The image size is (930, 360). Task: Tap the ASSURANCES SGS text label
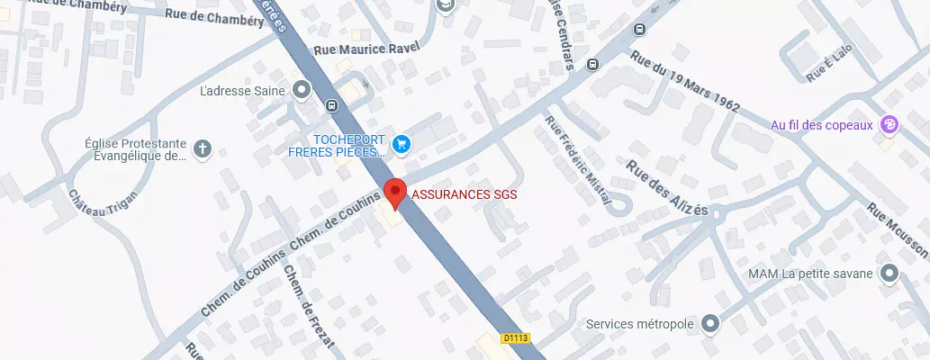pos(465,193)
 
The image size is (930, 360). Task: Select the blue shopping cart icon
pos(402,143)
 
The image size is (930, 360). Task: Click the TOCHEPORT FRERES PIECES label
pos(338,146)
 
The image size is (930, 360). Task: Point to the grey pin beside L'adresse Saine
pos(301,90)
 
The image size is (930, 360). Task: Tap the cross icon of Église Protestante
pos(203,148)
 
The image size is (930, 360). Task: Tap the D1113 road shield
pos(516,338)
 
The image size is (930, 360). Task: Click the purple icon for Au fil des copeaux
pos(889,125)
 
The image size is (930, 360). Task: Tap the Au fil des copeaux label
pos(822,125)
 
